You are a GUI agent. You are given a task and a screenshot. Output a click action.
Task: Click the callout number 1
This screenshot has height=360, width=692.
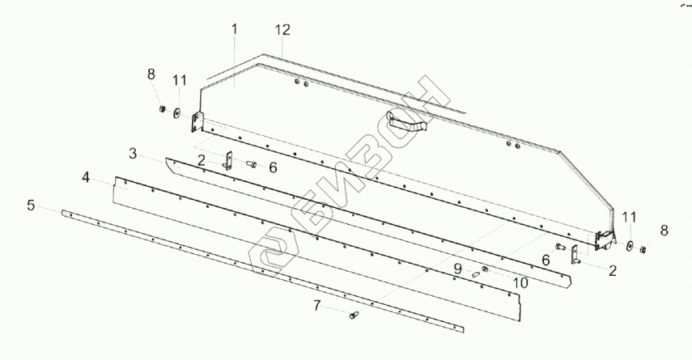tap(234, 30)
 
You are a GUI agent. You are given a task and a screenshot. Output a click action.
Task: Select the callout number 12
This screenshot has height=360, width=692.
tap(282, 30)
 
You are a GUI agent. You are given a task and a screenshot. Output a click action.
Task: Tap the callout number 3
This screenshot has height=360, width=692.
tap(134, 153)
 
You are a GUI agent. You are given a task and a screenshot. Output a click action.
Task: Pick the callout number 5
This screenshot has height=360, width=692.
tap(32, 205)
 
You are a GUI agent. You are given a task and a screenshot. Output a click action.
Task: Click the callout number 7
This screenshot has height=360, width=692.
tap(317, 304)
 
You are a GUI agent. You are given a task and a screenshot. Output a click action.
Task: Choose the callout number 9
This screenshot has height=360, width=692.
tap(457, 268)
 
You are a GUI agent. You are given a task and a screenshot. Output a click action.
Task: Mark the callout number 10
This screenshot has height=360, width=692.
tap(520, 282)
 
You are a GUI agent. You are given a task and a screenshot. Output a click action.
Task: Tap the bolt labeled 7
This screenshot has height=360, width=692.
tap(354, 316)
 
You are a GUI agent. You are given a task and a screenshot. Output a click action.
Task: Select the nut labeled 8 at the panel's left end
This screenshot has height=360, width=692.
tap(161, 108)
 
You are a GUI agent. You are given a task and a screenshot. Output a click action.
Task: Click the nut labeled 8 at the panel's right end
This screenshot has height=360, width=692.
tap(643, 249)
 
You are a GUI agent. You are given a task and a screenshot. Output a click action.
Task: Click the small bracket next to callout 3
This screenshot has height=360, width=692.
tap(228, 160)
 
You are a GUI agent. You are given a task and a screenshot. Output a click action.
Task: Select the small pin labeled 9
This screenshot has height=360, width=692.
tap(476, 274)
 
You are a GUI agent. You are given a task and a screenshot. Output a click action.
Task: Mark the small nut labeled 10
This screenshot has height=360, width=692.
tap(484, 269)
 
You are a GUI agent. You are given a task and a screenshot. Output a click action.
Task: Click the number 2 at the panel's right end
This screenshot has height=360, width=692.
tap(612, 270)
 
